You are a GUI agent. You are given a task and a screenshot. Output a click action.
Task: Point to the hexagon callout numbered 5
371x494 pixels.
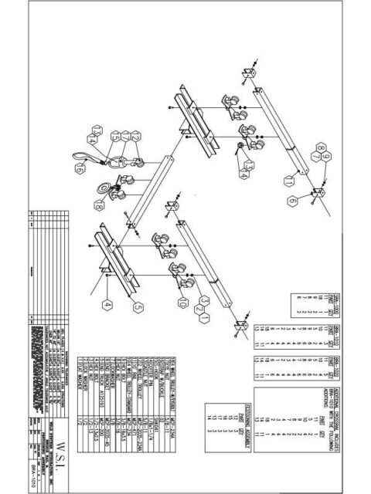click(138, 307)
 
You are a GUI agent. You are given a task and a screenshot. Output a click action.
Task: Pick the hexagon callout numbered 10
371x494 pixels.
click(183, 303)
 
